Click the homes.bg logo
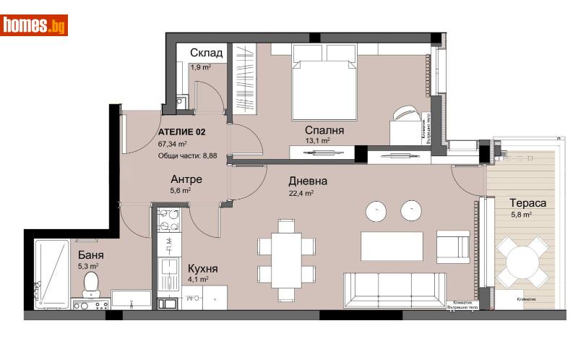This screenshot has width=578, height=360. pyautogui.click(x=35, y=25)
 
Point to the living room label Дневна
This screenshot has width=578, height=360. pyautogui.click(x=308, y=181)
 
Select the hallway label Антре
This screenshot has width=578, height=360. pyautogui.click(x=186, y=179)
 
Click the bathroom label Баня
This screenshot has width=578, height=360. pyautogui.click(x=90, y=254)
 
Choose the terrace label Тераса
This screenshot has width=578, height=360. pyautogui.click(x=527, y=203)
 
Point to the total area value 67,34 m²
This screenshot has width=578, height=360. pyautogui.click(x=173, y=144)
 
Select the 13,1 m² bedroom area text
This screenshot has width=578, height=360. pyautogui.click(x=317, y=142)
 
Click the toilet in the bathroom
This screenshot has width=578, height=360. pyautogui.click(x=92, y=283)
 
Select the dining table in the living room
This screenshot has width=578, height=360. pyautogui.click(x=287, y=258)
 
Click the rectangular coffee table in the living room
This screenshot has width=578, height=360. pyautogui.click(x=392, y=247)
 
